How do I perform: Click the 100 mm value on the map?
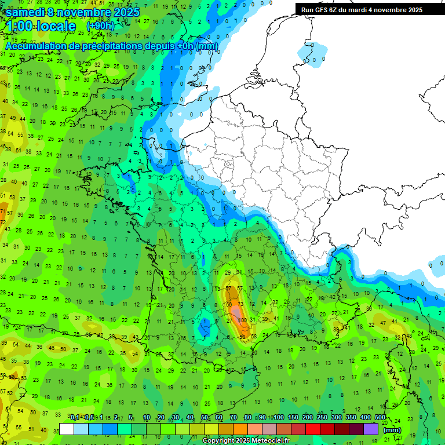click(242, 320)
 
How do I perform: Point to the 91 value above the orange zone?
click(239, 272)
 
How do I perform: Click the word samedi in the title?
click(26, 12)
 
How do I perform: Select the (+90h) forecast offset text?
click(100, 26)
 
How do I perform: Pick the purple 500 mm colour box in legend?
click(371, 429)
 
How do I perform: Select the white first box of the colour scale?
click(67, 429)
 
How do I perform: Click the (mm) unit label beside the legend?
click(392, 430)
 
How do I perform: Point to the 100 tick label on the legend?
click(278, 417)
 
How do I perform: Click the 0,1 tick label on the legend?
click(75, 417)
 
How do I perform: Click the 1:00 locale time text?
click(41, 27)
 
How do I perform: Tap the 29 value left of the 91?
click(228, 272)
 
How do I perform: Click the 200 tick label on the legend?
click(307, 417)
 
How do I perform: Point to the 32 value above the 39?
click(275, 302)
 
